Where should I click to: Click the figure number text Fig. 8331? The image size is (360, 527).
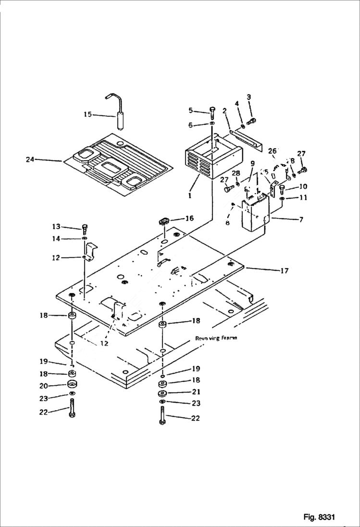click(319, 517)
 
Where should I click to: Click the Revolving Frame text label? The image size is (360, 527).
click(216, 338)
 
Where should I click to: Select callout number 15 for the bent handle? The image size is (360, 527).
click(87, 114)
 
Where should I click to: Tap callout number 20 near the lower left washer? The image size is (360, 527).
click(44, 385)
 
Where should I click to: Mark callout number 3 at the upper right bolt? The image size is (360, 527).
click(248, 98)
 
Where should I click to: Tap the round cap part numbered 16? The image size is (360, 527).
click(163, 221)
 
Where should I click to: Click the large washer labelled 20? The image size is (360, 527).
click(73, 383)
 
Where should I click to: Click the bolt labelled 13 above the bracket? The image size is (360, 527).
click(85, 227)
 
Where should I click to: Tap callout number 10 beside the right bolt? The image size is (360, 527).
click(303, 186)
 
